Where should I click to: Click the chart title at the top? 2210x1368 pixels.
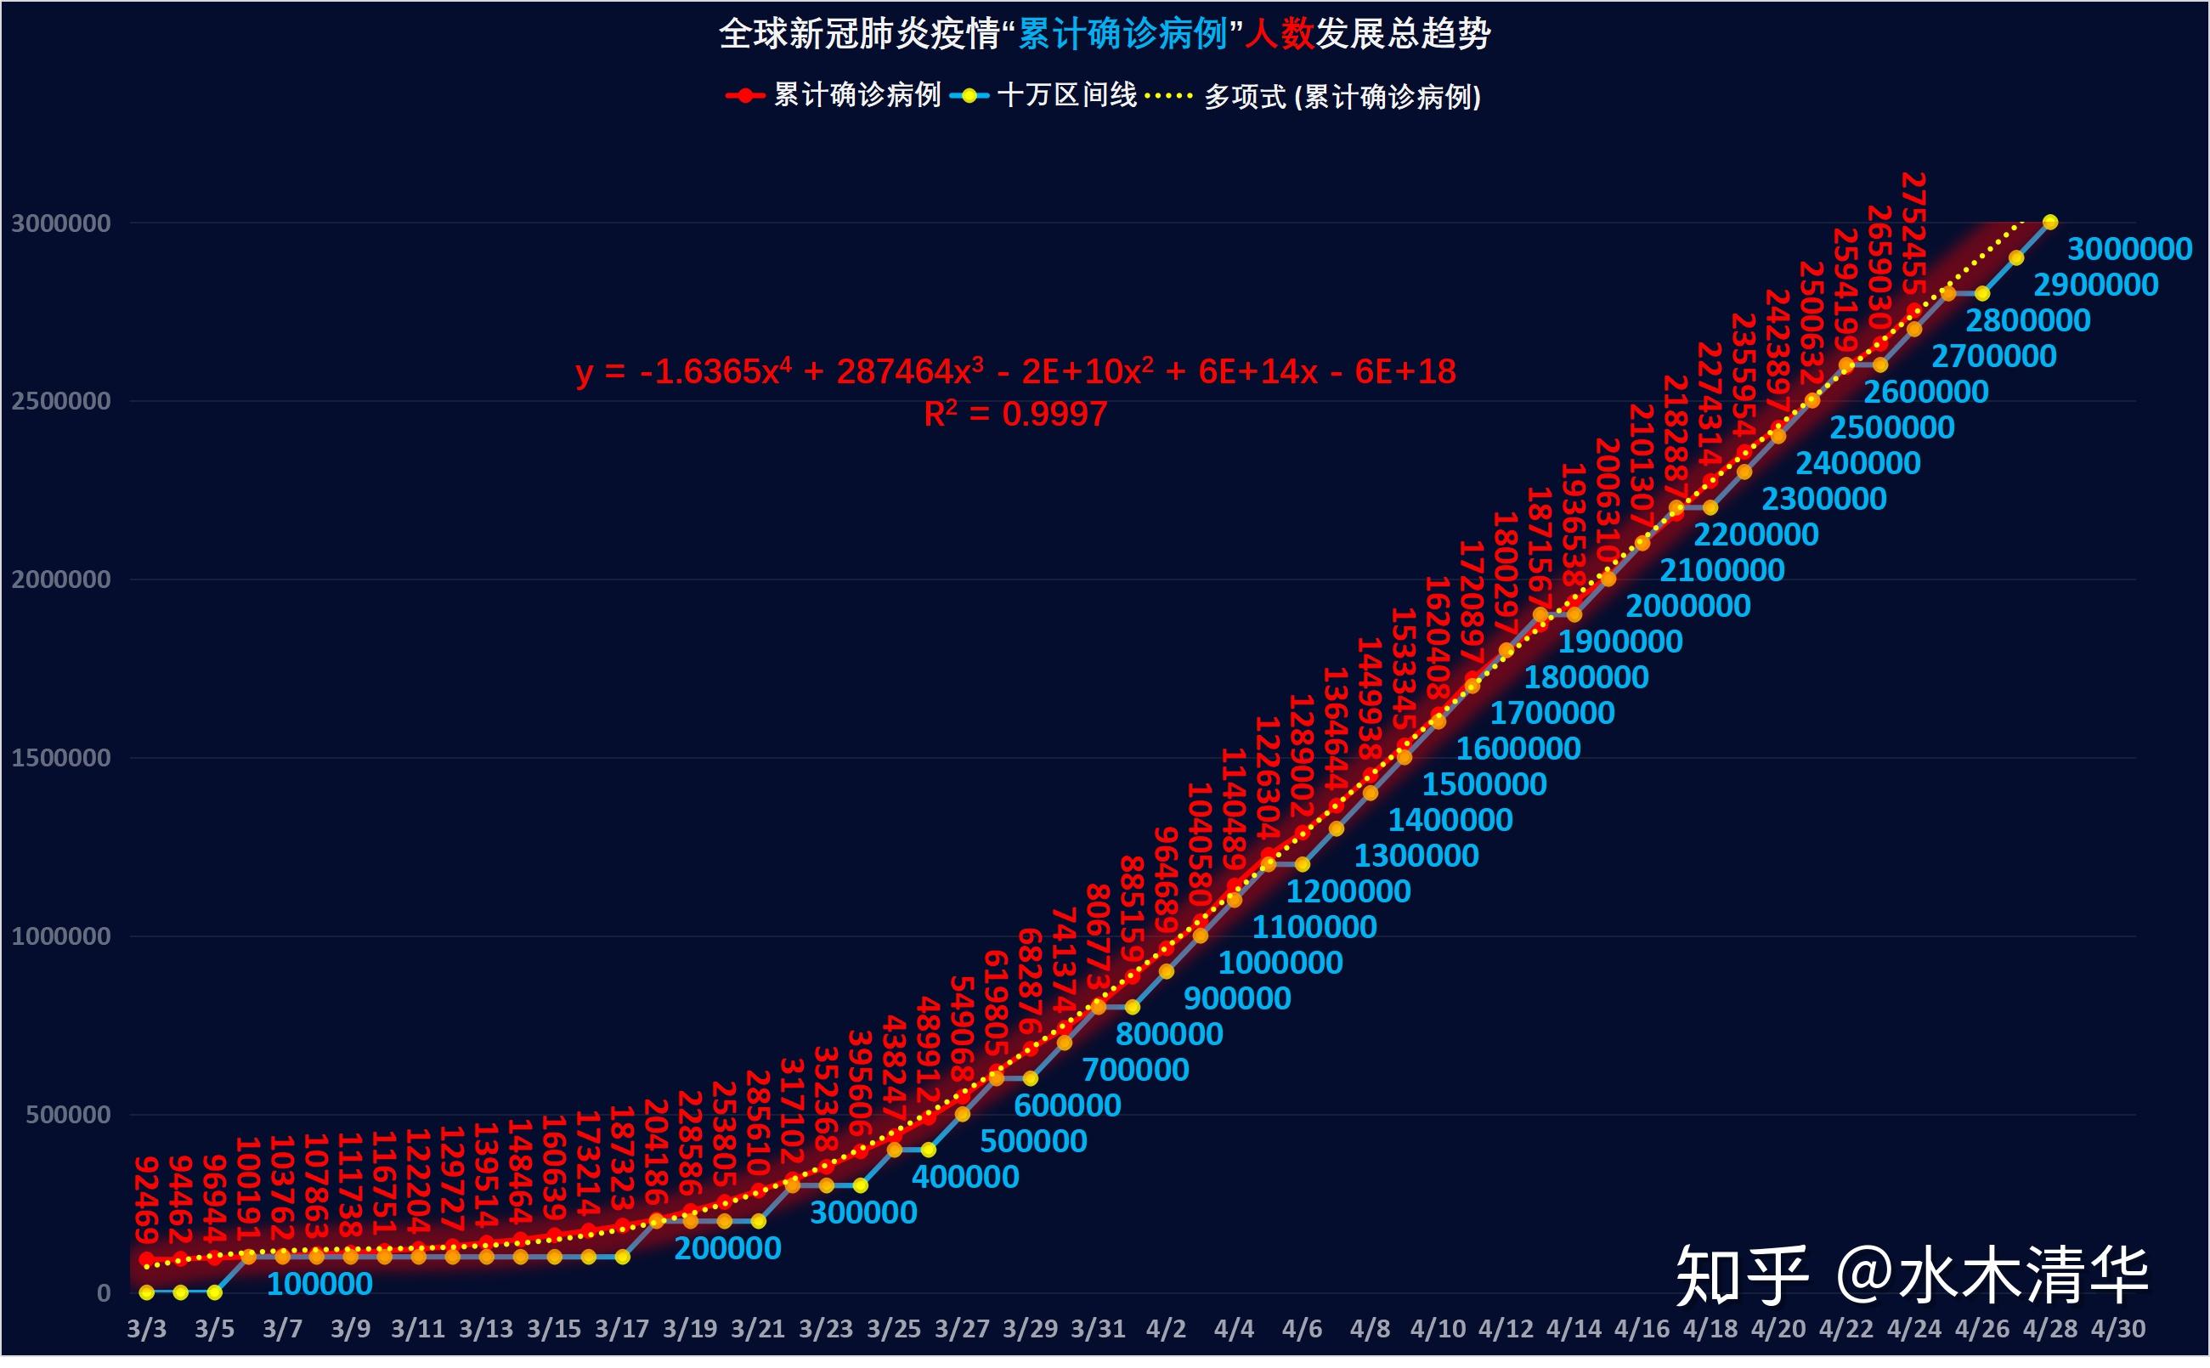(1104, 34)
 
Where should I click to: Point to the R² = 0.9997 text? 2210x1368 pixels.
(1015, 415)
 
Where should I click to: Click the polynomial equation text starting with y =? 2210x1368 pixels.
(1015, 372)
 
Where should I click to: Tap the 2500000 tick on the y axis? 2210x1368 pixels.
(59, 401)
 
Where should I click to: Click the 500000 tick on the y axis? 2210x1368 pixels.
(68, 1115)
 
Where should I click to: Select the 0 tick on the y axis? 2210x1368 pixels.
(104, 1293)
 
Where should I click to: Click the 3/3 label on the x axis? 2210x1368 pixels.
(146, 1329)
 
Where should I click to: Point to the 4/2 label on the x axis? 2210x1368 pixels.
(1166, 1329)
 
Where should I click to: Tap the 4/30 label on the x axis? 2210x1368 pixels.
(2117, 1329)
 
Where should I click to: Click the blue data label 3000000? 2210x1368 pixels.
(2128, 250)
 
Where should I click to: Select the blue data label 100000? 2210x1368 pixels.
(319, 1284)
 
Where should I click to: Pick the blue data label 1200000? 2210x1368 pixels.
(1348, 892)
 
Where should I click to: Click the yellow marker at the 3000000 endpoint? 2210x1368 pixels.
(2051, 223)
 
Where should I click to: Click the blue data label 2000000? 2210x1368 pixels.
(1688, 606)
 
